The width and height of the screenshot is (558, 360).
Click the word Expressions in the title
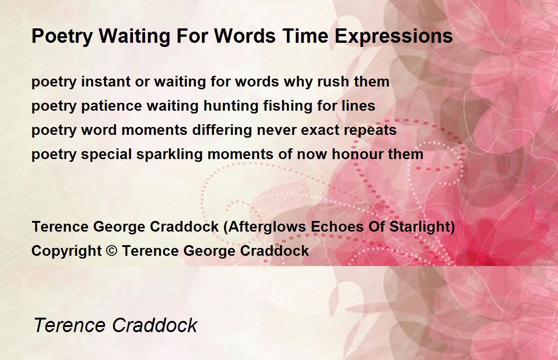(393, 37)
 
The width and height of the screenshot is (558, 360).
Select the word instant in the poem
(106, 81)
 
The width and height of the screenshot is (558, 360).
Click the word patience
(112, 106)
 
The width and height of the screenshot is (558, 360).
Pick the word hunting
(231, 106)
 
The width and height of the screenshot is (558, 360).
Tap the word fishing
(288, 106)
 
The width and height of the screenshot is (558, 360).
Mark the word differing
(222, 130)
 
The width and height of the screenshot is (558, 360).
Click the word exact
(320, 130)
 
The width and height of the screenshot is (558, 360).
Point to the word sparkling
(169, 155)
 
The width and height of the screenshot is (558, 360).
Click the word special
(106, 155)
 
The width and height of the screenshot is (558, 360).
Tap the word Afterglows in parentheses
(267, 227)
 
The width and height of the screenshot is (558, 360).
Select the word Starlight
(420, 227)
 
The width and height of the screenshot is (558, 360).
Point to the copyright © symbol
(111, 250)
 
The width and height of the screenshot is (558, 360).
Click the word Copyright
(66, 251)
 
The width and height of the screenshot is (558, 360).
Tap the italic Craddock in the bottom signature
(154, 325)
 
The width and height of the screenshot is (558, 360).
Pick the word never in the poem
(277, 131)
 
